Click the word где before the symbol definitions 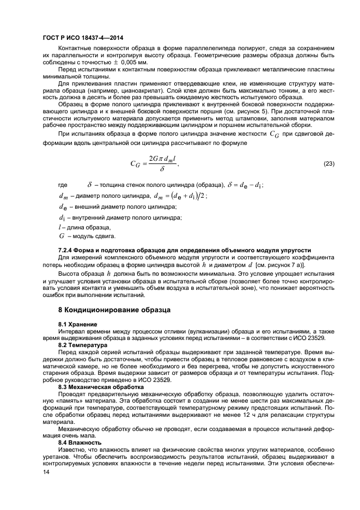point(63,185)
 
